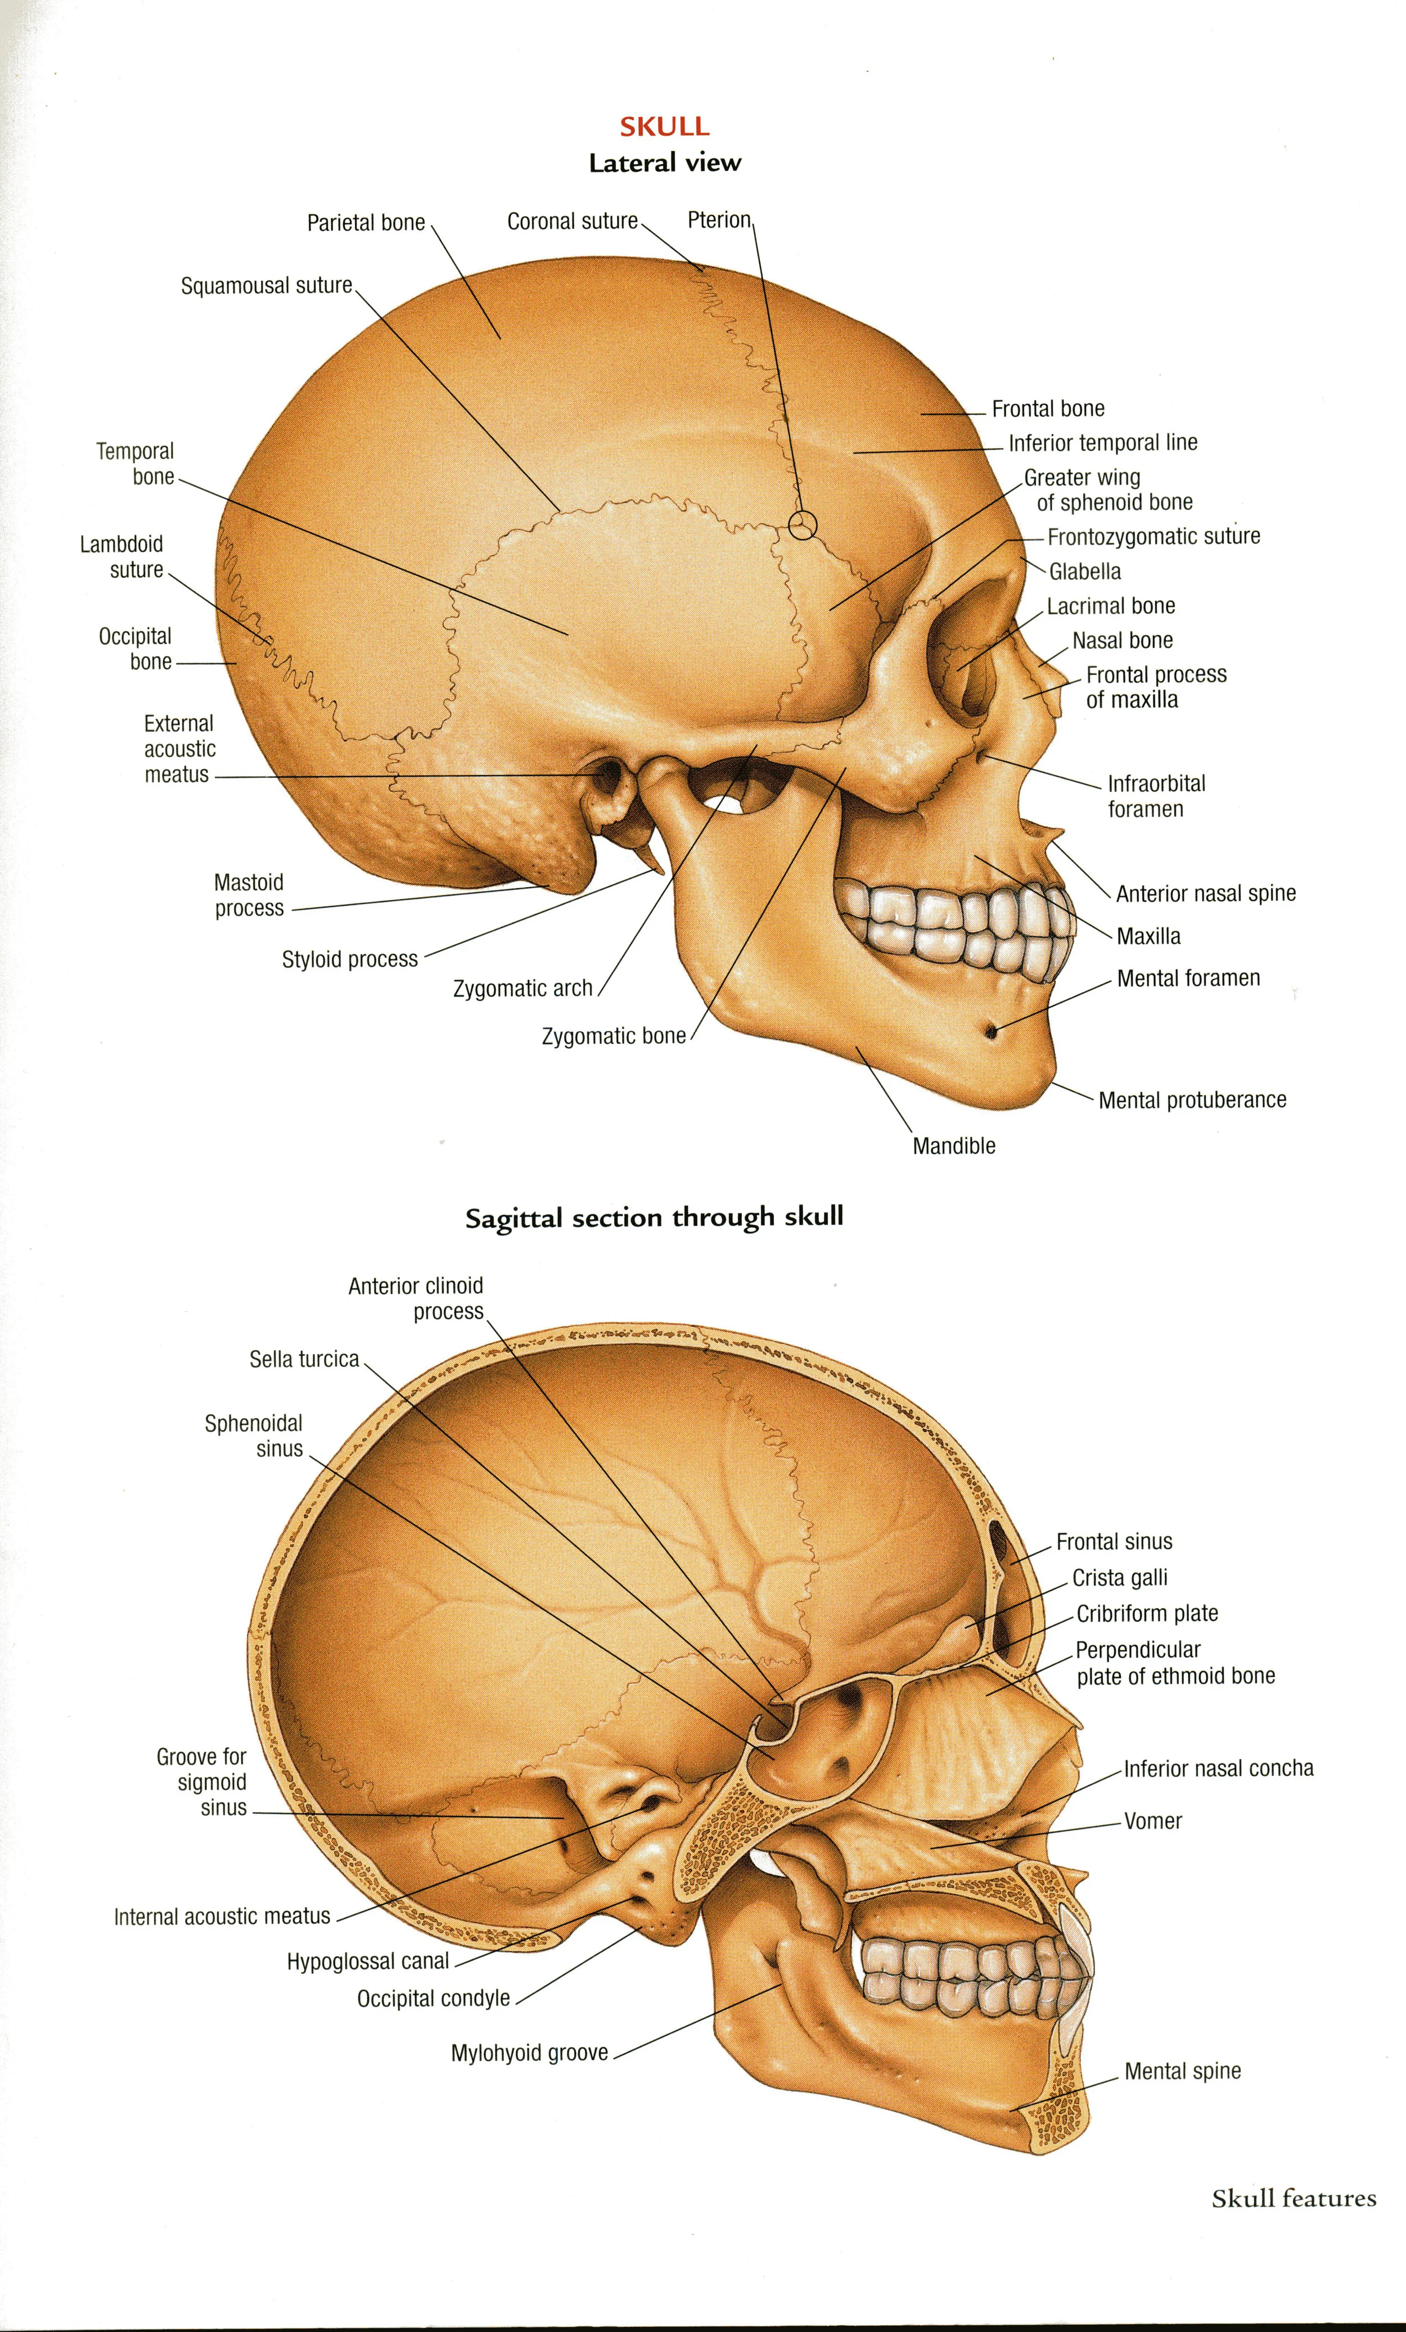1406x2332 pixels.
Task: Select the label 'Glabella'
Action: pyautogui.click(x=1085, y=572)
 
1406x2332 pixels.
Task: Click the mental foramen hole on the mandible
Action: pyautogui.click(x=992, y=1030)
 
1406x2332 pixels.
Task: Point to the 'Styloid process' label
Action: pyautogui.click(x=349, y=959)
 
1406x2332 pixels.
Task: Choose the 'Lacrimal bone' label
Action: pyautogui.click(x=1111, y=606)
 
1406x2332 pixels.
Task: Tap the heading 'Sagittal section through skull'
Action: pyautogui.click(x=654, y=1218)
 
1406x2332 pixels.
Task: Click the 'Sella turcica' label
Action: pyautogui.click(x=304, y=1359)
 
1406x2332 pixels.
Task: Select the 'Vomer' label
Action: pyautogui.click(x=1152, y=1821)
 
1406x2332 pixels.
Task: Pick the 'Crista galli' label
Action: pyautogui.click(x=1119, y=1578)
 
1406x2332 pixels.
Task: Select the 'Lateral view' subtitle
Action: pyautogui.click(x=665, y=164)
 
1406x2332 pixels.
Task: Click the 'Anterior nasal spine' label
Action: pyautogui.click(x=1205, y=894)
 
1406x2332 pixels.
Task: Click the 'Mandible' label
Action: pyautogui.click(x=953, y=1146)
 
